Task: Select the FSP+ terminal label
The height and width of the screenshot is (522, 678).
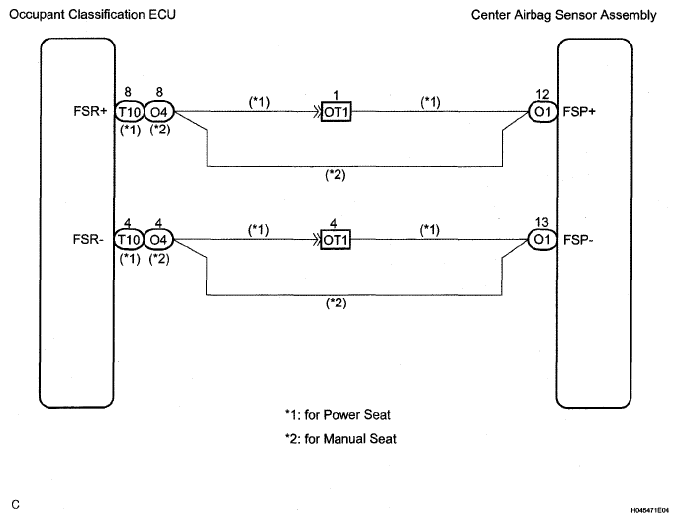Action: [579, 112]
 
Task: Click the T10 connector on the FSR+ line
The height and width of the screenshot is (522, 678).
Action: [129, 112]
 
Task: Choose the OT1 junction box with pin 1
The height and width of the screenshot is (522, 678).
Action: [338, 112]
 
